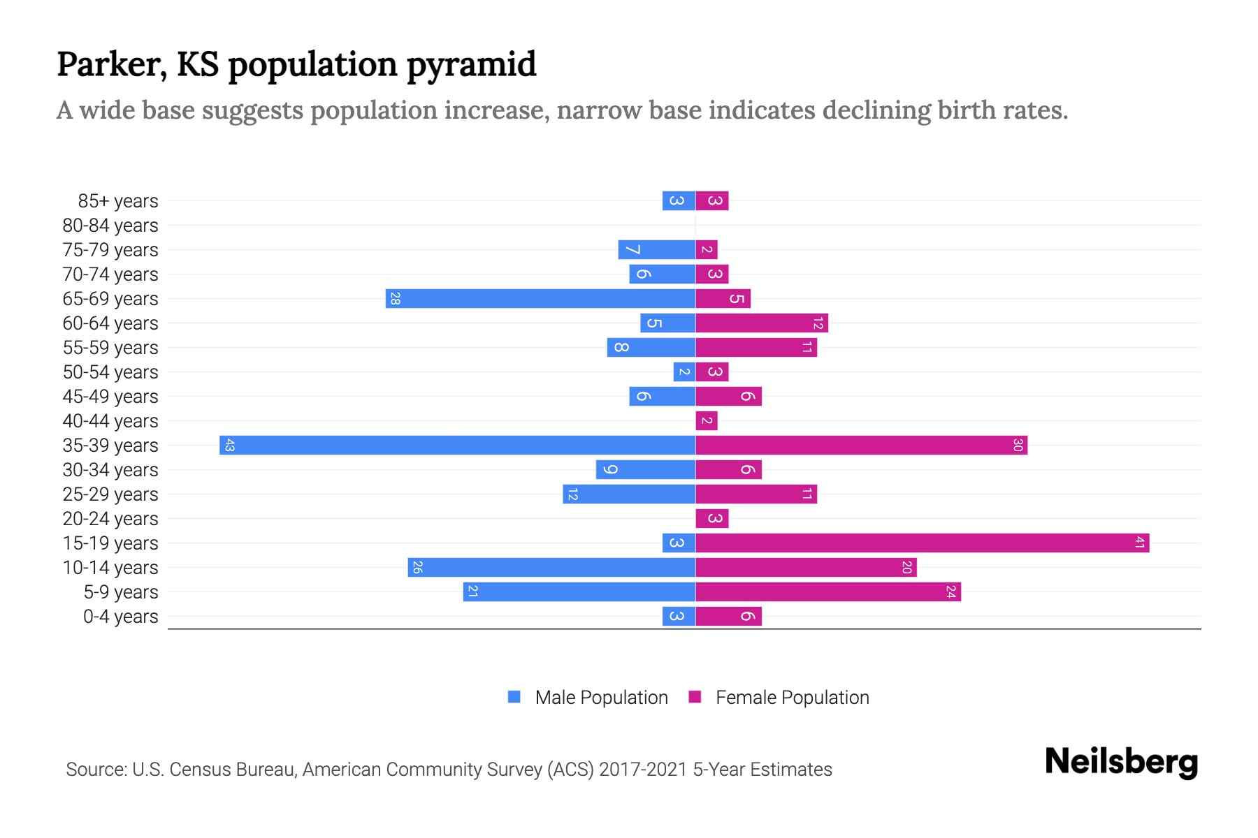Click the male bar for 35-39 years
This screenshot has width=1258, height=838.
coord(457,445)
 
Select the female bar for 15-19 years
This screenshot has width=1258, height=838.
coord(922,543)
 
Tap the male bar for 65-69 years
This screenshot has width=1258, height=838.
coord(540,298)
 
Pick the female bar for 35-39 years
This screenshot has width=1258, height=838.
coord(861,445)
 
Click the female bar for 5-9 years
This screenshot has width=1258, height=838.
coord(828,591)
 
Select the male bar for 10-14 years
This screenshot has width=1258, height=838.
coord(551,567)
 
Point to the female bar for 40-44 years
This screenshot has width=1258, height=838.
coord(707,420)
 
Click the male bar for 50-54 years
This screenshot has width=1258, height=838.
coord(684,372)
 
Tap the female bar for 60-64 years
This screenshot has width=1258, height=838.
coord(762,323)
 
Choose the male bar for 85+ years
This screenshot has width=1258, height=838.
coord(679,200)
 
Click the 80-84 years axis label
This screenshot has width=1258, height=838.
coord(110,226)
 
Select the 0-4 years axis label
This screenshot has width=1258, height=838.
coord(120,617)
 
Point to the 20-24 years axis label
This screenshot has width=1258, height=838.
coord(110,519)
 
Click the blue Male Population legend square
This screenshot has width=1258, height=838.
coord(514,697)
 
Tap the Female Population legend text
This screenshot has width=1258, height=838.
coord(792,697)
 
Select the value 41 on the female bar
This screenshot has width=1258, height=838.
coord(1139,543)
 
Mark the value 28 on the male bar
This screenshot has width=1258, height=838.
coord(395,298)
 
